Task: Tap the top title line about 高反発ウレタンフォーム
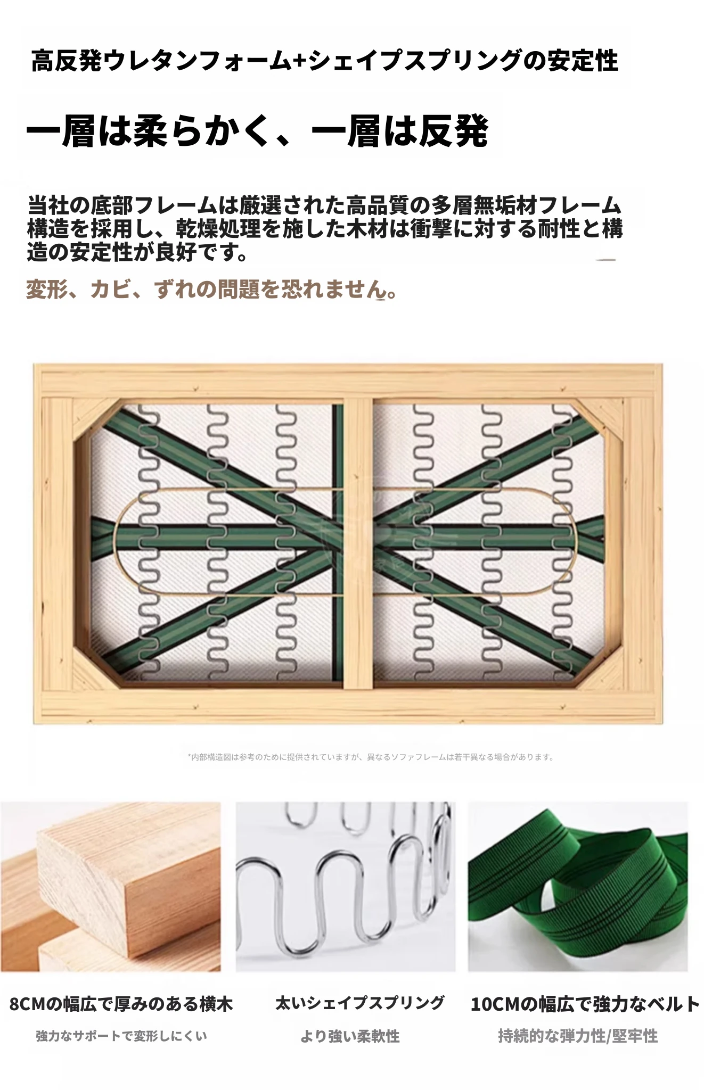pos(325,61)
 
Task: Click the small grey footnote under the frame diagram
pos(371,756)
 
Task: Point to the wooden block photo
pos(110,887)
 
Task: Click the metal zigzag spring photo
pos(346,887)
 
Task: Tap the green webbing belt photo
pos(578,887)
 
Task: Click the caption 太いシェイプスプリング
pos(359,1003)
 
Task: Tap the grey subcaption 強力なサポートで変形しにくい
pos(121,1036)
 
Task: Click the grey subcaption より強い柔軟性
pos(350,1036)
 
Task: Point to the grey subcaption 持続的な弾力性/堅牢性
pos(578,1036)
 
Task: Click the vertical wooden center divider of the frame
pos(357,543)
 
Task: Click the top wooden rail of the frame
pos(348,380)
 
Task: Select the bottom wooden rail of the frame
pos(348,707)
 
